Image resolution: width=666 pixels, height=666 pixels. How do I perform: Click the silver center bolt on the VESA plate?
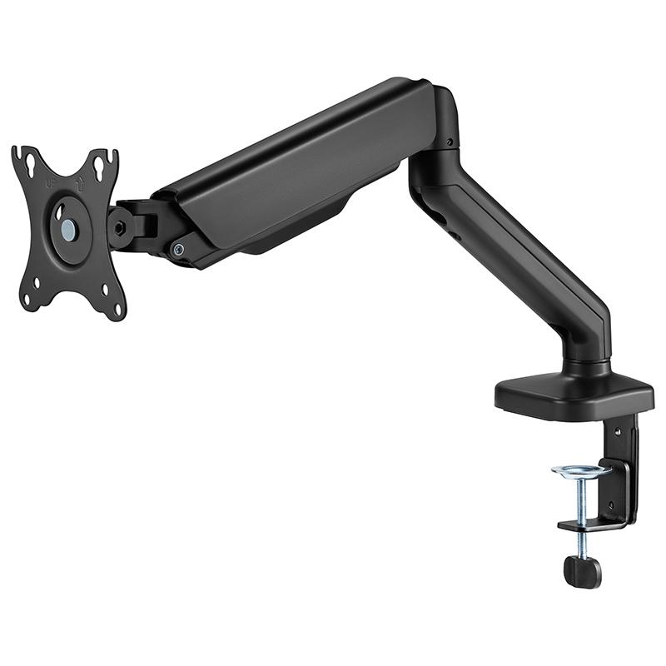pos(67,231)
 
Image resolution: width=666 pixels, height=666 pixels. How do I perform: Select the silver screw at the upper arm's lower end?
pos(177,248)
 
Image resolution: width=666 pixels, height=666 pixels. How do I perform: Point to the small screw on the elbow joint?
pos(450,142)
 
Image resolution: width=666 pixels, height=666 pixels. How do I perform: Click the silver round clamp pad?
pos(581,472)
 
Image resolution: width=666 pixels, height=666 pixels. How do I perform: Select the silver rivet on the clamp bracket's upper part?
pos(617,432)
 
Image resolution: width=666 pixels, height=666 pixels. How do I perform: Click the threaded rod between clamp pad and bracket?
pos(581,499)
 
